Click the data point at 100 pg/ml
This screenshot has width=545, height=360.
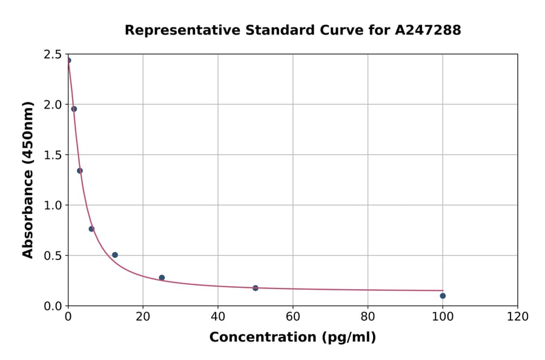(x=443, y=296)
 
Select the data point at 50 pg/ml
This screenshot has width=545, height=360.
(x=256, y=288)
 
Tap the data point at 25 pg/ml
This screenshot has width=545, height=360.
(x=162, y=278)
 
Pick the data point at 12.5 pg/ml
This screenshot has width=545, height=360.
(x=115, y=255)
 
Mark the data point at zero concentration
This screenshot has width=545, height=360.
(x=68, y=60)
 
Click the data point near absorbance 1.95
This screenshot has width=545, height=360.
(x=74, y=109)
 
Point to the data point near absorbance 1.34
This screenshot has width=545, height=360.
(x=80, y=170)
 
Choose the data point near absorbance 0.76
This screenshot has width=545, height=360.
(x=91, y=228)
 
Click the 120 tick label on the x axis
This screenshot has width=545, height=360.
(x=518, y=317)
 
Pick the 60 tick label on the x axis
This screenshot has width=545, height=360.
(x=292, y=317)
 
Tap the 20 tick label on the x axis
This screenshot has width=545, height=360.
(x=143, y=317)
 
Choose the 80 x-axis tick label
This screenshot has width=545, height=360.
(x=368, y=317)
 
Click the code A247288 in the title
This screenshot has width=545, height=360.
(x=428, y=30)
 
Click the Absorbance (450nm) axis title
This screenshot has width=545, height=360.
(x=28, y=180)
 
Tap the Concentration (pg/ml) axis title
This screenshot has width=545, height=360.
(x=292, y=338)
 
